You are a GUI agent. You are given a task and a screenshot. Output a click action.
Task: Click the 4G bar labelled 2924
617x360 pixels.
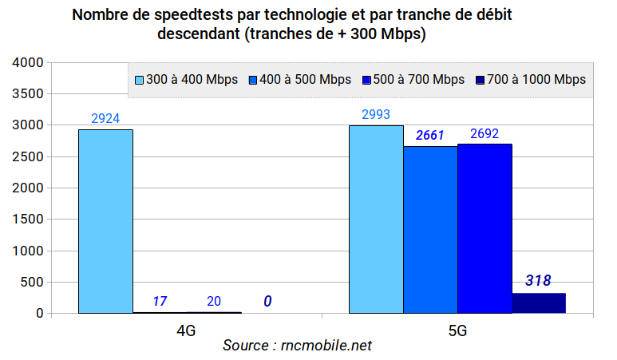[x=105, y=221]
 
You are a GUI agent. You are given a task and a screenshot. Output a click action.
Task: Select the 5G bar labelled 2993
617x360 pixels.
[x=376, y=219]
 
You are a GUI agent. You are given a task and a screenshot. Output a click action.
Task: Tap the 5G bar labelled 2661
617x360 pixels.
[x=430, y=229]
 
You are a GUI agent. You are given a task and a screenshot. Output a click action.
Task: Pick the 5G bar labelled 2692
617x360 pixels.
[x=485, y=228]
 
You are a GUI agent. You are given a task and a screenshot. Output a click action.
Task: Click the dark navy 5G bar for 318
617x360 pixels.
[x=539, y=303]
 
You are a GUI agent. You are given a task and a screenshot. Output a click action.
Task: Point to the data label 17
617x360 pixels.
[x=160, y=302]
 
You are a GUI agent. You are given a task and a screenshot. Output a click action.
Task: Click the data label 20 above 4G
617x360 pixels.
[x=214, y=302]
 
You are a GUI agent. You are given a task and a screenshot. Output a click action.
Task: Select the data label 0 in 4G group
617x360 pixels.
[x=267, y=302]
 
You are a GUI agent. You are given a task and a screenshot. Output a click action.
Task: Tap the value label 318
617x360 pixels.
[x=538, y=281]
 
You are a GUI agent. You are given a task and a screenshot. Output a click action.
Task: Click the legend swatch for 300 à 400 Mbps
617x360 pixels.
[x=139, y=80]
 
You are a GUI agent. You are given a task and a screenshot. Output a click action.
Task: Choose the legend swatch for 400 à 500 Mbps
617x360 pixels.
[x=253, y=80]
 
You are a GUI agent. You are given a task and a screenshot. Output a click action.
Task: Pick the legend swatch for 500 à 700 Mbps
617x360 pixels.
[x=366, y=80]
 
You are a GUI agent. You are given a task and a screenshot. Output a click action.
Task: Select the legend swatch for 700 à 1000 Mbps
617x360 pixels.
[x=481, y=80]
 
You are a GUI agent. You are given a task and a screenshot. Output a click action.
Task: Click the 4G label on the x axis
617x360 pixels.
[x=186, y=329]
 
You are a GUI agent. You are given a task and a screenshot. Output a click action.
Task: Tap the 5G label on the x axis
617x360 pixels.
[x=457, y=329]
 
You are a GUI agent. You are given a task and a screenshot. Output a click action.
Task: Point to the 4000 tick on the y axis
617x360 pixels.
[x=28, y=63]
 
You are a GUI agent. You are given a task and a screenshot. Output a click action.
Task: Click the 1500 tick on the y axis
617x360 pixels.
[x=28, y=220]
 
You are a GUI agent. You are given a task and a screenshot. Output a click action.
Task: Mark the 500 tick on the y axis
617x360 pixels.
[x=32, y=283]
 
